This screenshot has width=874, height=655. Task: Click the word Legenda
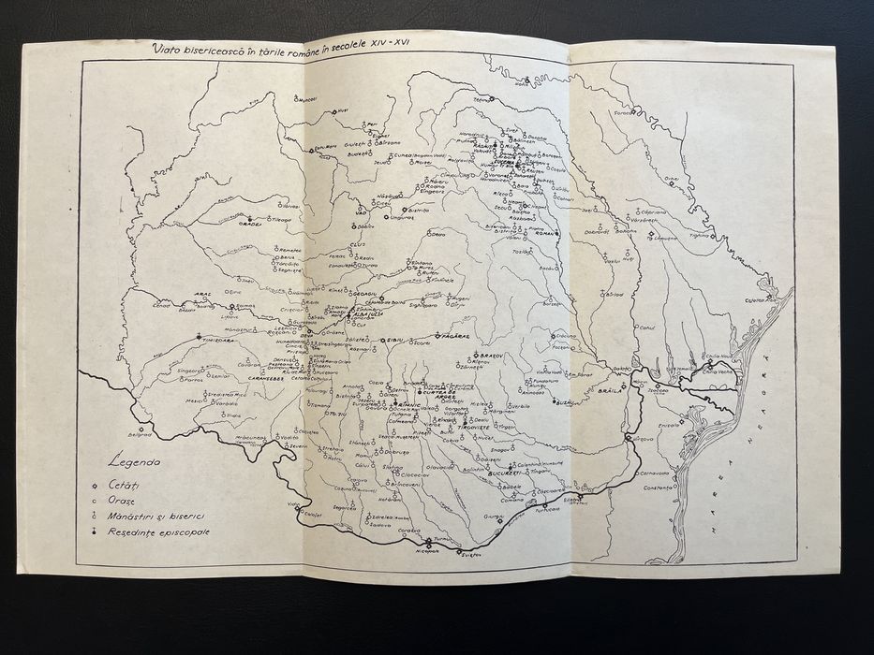(135, 462)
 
